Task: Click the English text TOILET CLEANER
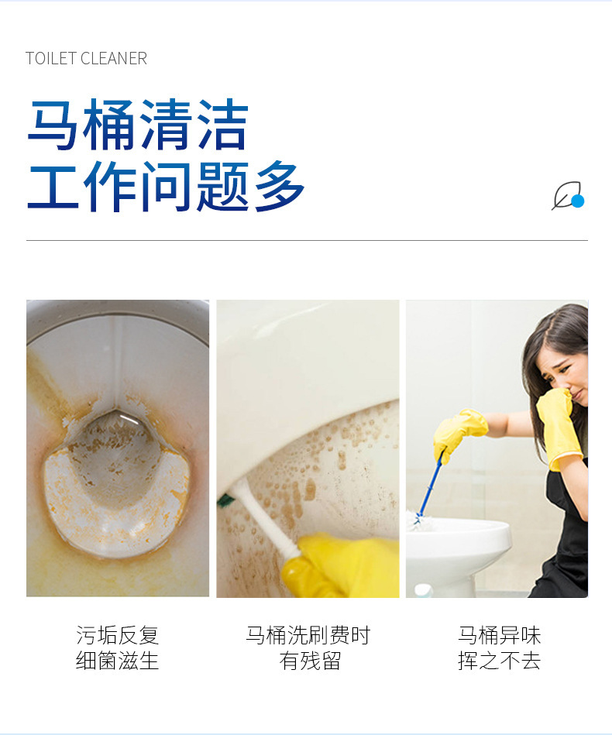pos(86,59)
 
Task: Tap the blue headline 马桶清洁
pos(138,125)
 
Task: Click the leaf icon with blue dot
pos(567,196)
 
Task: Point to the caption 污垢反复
pos(118,636)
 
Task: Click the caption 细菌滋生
pos(118,661)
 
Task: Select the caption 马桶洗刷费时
pos(308,636)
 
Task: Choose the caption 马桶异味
pos(500,636)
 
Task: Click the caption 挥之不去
pos(500,661)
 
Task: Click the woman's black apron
pos(569,542)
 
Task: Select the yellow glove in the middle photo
pos(341,566)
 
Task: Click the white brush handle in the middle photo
pos(267,519)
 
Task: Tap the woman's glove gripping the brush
pos(459,430)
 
